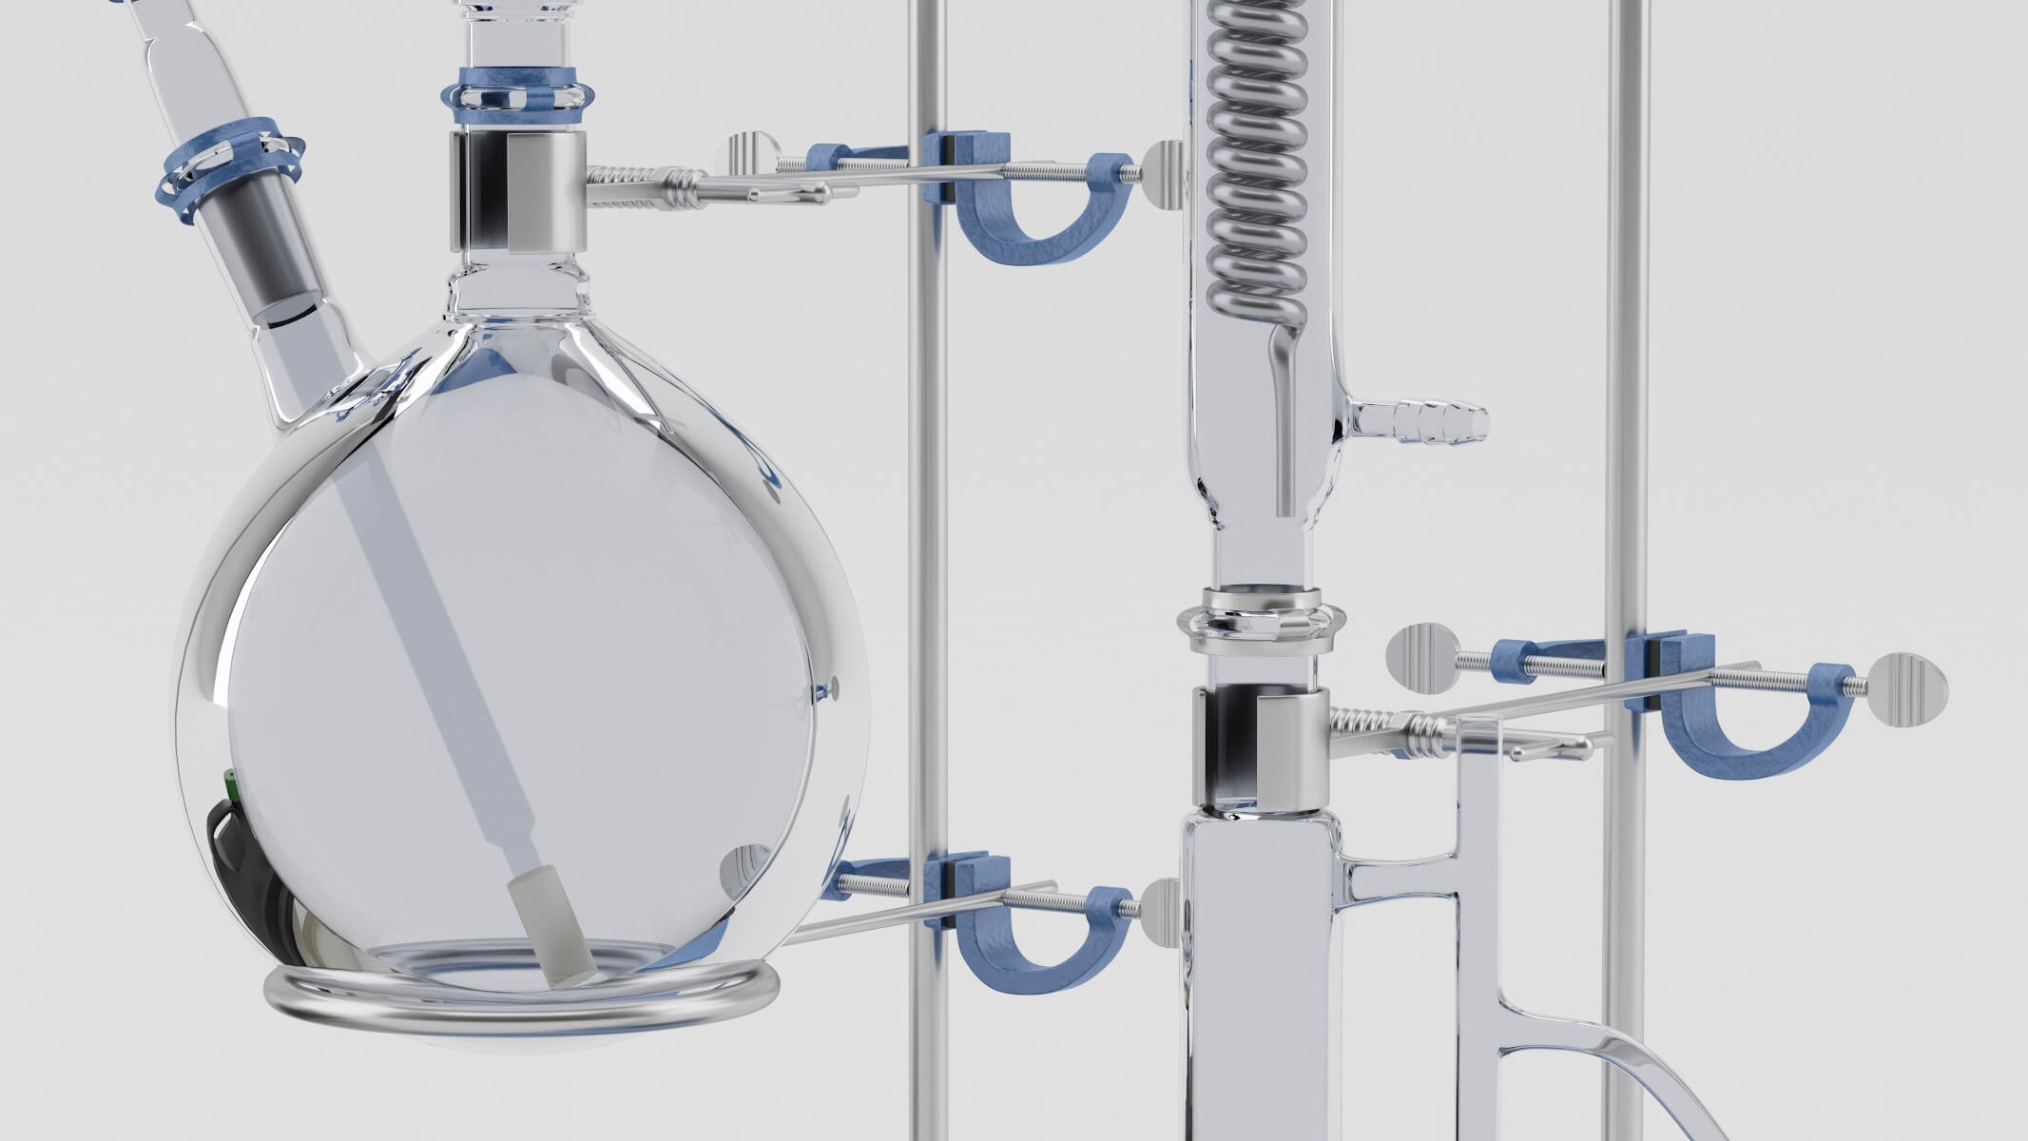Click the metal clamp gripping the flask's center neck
coord(518,191)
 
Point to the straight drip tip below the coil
coord(1284,437)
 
